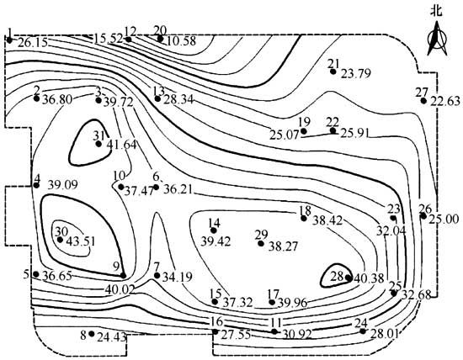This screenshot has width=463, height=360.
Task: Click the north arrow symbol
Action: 437,39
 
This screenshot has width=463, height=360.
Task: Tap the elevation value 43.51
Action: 81,241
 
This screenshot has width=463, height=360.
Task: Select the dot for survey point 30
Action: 60,240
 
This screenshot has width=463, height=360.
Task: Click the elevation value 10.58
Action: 181,41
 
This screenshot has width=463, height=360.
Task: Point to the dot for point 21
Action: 333,71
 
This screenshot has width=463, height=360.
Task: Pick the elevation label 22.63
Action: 445,101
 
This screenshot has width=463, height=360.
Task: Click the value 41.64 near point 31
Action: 122,145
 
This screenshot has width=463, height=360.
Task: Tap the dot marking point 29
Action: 261,243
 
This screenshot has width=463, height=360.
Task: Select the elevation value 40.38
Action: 369,278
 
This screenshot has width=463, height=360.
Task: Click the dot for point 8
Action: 92,334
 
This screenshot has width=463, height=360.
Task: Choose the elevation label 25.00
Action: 444,220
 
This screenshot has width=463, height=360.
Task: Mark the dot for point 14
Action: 213,230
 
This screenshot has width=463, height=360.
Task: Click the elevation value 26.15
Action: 33,43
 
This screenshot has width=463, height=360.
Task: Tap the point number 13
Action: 158,91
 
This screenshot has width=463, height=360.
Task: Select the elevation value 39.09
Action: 63,185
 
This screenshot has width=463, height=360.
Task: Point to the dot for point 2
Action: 36,98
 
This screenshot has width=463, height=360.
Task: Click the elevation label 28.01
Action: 383,334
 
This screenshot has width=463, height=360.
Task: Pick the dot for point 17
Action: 272,302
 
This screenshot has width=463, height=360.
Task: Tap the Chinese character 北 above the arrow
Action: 436,12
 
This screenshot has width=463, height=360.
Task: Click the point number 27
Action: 422,93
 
